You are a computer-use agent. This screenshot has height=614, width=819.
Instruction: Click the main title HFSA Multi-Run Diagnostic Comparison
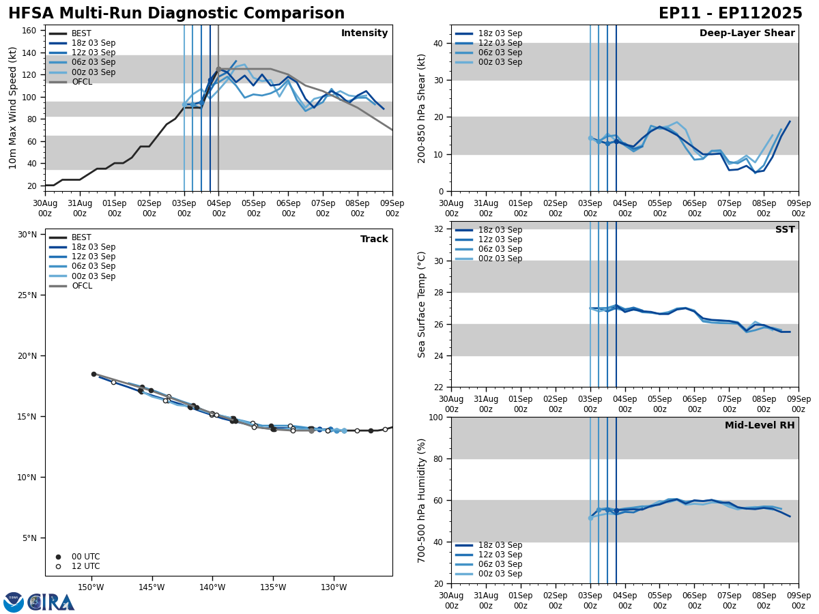tap(176, 14)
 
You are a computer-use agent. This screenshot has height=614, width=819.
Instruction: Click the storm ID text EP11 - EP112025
tap(730, 14)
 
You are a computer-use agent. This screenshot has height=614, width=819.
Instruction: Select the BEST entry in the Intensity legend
tap(81, 33)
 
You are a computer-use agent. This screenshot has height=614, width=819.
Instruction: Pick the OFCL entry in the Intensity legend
tap(81, 82)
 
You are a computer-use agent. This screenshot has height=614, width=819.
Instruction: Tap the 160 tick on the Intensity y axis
tap(31, 31)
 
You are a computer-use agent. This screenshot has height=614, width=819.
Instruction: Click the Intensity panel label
tap(364, 33)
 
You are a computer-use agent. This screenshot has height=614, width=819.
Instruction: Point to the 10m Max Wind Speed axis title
tap(13, 108)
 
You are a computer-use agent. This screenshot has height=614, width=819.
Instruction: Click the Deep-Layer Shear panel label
tap(747, 33)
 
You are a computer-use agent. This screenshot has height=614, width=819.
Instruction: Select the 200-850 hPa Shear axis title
tap(422, 108)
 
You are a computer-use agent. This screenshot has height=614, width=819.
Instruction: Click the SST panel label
tap(784, 230)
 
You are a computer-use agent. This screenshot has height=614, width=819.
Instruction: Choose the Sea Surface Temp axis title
tap(422, 304)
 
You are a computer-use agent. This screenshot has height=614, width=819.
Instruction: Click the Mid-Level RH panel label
tap(759, 426)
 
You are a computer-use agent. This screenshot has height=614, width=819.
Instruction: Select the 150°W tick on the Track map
tap(91, 588)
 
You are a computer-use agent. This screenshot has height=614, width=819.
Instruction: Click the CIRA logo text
tap(51, 602)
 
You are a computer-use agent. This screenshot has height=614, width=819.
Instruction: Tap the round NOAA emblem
tap(14, 602)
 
